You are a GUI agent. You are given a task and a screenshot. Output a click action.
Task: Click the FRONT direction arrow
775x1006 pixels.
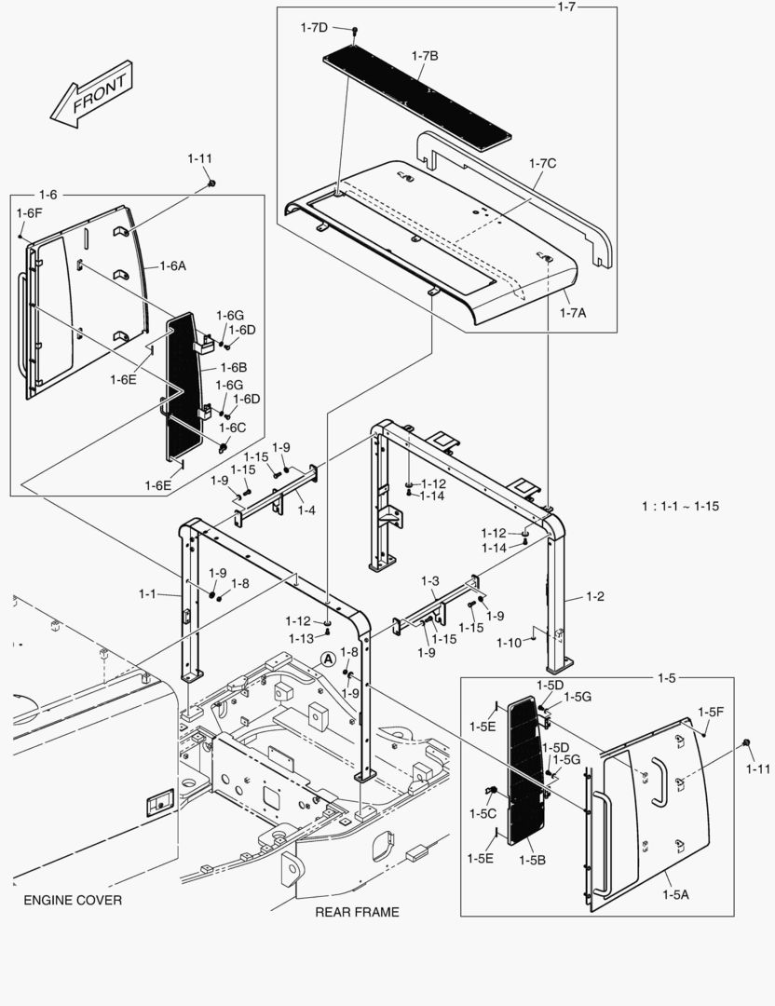[x=90, y=95]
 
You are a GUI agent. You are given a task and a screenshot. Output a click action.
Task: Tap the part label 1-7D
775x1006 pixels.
[x=313, y=28]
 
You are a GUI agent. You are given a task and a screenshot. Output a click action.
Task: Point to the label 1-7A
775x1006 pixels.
[x=572, y=313]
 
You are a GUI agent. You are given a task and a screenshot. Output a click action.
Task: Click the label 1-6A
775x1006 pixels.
[x=171, y=265]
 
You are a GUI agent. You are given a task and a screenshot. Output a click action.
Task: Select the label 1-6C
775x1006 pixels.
[x=232, y=428]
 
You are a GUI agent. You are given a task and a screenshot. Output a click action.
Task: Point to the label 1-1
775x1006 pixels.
[x=149, y=592]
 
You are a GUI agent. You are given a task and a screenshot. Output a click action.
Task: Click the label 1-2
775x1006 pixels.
[x=594, y=596]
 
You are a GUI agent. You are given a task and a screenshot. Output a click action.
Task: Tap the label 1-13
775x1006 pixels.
[x=302, y=638]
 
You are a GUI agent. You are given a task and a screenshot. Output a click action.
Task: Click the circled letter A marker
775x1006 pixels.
[x=328, y=659]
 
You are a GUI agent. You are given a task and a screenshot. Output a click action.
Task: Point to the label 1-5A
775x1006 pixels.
[x=675, y=894]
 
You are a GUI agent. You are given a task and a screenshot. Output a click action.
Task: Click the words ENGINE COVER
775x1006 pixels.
[x=73, y=901]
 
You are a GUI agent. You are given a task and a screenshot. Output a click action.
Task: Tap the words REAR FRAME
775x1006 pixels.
[x=357, y=912]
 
